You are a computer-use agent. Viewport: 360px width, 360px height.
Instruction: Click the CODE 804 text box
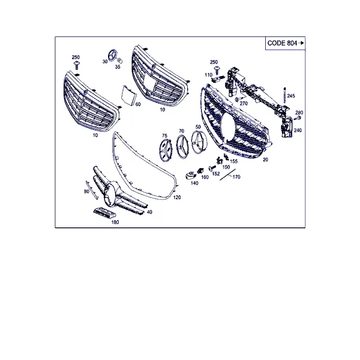click(x=285, y=43)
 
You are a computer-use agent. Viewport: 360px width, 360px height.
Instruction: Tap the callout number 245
click(x=291, y=96)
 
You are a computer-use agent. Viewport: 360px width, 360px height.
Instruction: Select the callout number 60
click(x=138, y=104)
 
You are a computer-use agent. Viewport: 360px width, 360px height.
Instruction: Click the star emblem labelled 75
click(x=166, y=150)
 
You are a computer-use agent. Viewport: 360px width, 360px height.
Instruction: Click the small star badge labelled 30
click(x=113, y=56)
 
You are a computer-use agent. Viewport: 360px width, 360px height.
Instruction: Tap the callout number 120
click(x=177, y=197)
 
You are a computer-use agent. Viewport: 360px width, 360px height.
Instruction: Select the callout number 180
click(x=115, y=222)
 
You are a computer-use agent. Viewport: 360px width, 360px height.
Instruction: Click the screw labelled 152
click(x=212, y=169)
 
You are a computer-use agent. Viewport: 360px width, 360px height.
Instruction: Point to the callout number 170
click(x=236, y=177)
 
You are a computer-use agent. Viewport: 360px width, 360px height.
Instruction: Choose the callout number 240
click(x=298, y=130)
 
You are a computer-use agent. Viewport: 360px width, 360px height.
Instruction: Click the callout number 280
click(x=299, y=113)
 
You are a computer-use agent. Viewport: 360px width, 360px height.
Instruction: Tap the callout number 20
click(x=265, y=160)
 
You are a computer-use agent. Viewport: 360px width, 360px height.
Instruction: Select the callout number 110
click(x=208, y=75)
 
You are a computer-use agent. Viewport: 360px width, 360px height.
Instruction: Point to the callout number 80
click(x=86, y=191)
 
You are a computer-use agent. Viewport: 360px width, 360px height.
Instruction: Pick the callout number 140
click(x=194, y=183)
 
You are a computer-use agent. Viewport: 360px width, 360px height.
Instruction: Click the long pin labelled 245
click(x=284, y=95)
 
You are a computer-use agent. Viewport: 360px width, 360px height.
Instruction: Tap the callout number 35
click(x=118, y=67)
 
